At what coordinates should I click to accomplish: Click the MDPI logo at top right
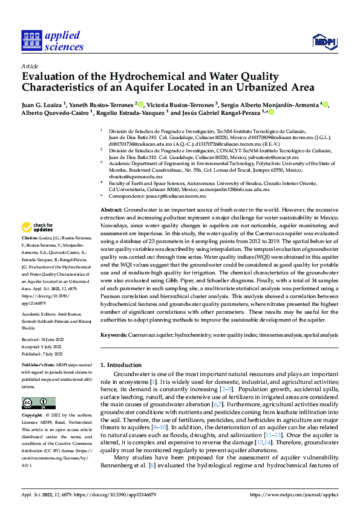point(324,41)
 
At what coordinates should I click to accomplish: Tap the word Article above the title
point(30,65)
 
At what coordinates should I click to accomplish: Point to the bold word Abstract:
point(111,208)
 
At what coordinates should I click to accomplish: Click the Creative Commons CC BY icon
point(35,403)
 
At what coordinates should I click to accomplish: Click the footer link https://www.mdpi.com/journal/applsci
point(300,493)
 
